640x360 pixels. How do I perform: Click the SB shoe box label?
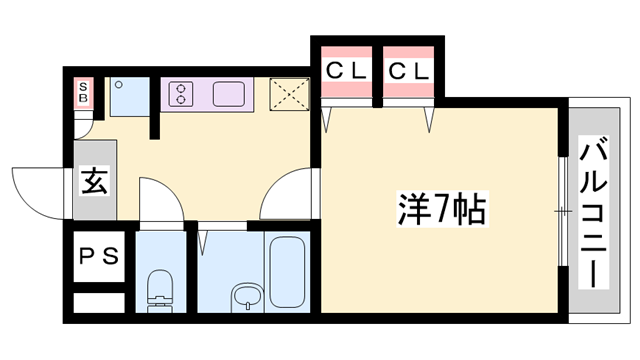pos(85,94)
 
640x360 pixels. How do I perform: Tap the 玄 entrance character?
pos(93,183)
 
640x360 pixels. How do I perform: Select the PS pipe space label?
pos(99,255)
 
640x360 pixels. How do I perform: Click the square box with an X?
pos(290,94)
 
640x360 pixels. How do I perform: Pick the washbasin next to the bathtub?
pos(244,298)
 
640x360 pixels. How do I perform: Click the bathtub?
pos(290,271)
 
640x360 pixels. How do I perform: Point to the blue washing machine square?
pos(128,97)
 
